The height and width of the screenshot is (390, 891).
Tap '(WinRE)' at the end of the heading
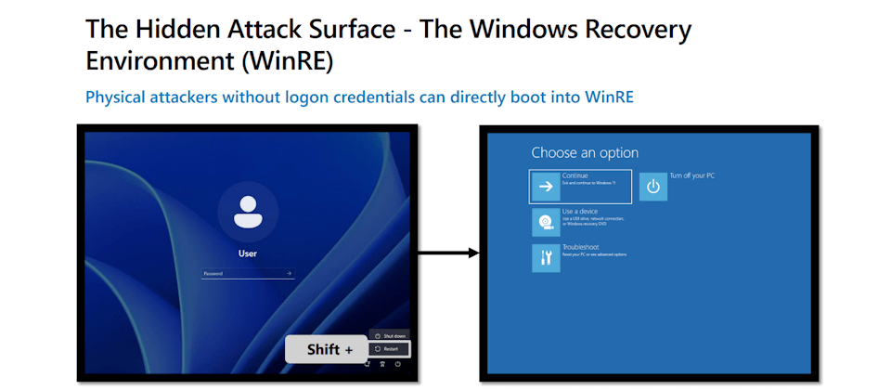click(287, 60)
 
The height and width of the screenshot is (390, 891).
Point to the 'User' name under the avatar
click(247, 253)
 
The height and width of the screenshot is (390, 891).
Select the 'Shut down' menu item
click(390, 335)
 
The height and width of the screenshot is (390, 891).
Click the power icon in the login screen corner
click(398, 365)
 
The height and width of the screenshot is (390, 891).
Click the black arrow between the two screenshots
click(448, 253)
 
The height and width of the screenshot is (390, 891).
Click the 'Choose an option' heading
click(585, 152)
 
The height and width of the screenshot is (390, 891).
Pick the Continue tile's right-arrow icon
click(545, 187)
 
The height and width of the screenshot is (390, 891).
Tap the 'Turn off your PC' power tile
click(653, 187)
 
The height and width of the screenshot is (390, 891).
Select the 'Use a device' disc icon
click(545, 223)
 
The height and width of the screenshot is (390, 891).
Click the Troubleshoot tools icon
click(545, 258)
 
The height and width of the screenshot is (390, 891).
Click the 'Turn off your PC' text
click(692, 175)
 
